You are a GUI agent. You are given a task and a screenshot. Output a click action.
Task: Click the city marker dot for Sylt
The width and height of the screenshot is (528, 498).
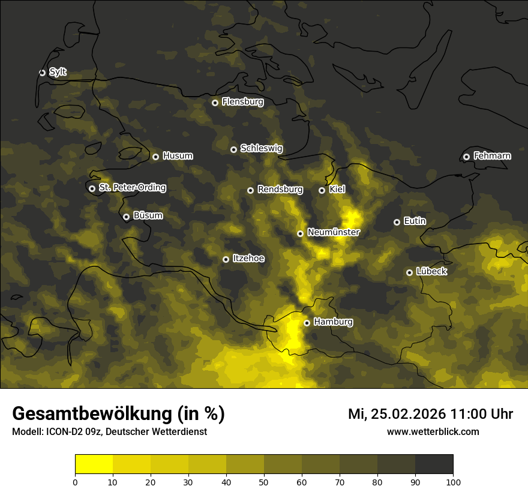pos(42,73)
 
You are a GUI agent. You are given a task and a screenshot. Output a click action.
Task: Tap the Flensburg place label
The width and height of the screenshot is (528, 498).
pos(242,102)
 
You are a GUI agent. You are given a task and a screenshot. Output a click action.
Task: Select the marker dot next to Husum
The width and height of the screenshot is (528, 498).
pos(155,157)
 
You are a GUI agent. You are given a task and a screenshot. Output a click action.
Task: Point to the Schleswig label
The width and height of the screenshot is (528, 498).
pos(261,148)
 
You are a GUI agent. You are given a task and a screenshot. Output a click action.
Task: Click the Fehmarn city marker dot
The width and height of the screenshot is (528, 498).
pos(466,157)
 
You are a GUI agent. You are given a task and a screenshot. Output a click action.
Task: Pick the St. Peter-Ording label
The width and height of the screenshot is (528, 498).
pos(132,188)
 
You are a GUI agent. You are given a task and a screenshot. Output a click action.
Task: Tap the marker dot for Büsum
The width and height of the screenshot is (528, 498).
pos(126,217)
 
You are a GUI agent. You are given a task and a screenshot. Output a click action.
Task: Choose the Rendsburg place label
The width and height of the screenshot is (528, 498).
pos(280,190)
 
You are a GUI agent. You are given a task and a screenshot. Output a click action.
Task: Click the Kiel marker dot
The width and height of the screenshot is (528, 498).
pos(322,190)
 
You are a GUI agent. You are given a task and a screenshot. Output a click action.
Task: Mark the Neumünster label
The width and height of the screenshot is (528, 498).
pos(333,232)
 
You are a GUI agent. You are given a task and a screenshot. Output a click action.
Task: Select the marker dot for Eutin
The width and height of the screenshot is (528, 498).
pos(397,222)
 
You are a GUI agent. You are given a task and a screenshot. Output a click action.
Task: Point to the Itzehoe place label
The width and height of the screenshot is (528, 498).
pos(248,259)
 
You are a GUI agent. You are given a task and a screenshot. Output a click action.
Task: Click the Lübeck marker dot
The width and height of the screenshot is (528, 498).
pos(409,272)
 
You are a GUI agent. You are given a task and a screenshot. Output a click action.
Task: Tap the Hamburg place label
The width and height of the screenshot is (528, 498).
pos(333,322)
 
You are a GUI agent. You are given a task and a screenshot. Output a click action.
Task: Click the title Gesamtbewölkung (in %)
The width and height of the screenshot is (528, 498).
pos(118,414)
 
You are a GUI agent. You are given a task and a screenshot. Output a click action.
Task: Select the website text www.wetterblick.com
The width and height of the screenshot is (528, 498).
pos(433,431)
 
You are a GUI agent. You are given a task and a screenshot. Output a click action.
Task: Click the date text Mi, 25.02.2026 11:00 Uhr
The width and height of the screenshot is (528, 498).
pos(430,414)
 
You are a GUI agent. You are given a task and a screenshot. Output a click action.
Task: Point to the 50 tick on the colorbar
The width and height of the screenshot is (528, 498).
pos(264,481)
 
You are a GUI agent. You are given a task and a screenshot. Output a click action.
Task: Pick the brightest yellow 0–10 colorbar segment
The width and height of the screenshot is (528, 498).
pos(94,464)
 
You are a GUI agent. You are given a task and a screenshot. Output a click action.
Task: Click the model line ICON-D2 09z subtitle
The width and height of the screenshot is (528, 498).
pos(109,432)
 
